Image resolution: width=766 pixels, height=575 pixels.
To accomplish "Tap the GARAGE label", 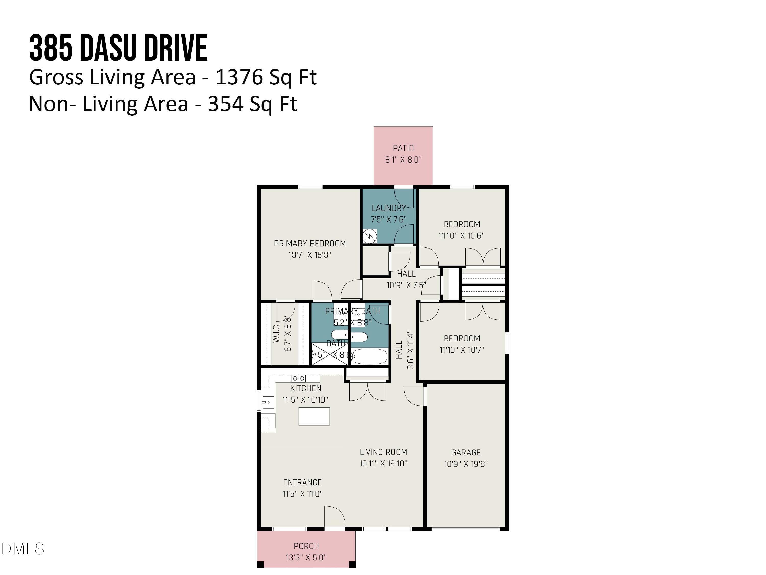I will tap(466, 452).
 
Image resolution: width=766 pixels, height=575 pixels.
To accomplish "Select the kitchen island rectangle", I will tap(314, 416).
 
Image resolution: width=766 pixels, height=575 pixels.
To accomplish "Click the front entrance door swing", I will tap(334, 517).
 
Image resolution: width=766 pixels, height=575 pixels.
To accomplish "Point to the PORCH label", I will tap(306, 546).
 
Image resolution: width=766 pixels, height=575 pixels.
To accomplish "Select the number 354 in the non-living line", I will tap(225, 104).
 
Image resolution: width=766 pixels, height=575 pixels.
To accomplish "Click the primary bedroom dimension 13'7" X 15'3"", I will tap(310, 255).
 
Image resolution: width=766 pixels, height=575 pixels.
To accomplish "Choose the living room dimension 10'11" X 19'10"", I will tap(383, 463).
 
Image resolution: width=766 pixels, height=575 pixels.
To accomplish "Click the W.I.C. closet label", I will tap(276, 333).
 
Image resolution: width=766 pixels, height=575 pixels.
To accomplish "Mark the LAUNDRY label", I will tap(389, 208).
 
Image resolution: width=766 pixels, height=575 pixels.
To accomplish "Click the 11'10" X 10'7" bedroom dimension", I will tap(462, 350).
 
